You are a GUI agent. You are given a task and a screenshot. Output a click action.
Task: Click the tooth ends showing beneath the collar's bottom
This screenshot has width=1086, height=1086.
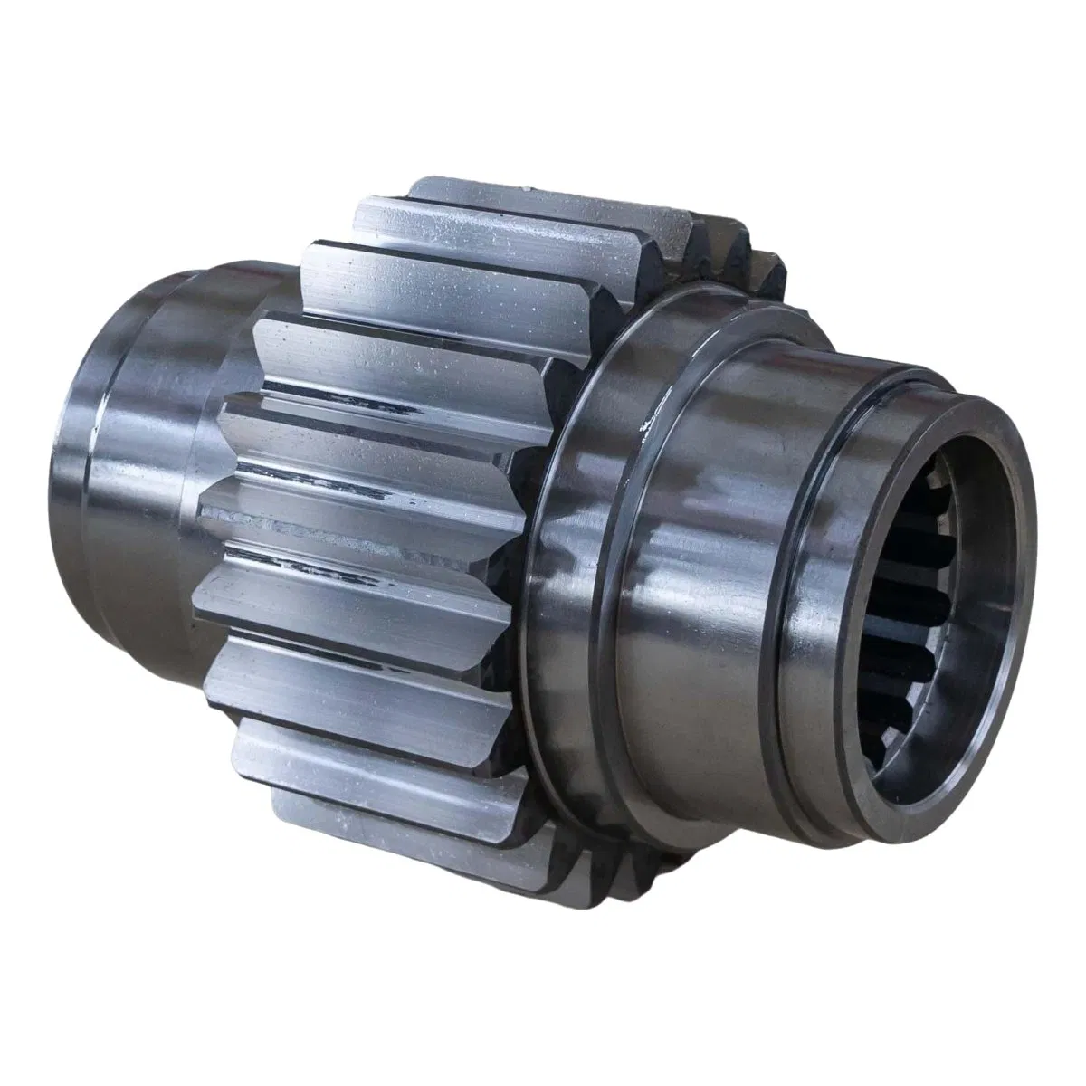tap(633, 869)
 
